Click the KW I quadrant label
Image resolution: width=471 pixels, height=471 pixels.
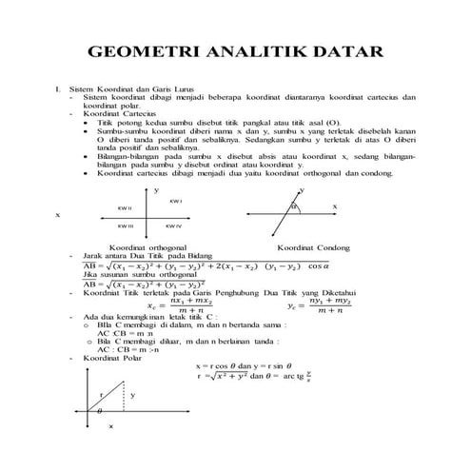[175, 202]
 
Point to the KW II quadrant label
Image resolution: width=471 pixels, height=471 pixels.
[124, 207]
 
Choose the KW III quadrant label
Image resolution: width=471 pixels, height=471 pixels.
[125, 226]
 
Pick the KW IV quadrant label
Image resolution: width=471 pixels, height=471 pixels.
[173, 226]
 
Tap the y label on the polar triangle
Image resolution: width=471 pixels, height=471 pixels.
[132, 394]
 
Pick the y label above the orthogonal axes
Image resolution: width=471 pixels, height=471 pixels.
[155, 190]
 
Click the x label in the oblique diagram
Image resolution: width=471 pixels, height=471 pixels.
[334, 206]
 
